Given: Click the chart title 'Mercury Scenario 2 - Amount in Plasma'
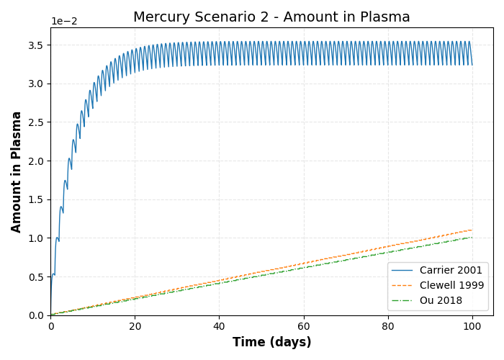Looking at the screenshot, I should (x=271, y=17).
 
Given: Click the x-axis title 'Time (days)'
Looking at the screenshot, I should (x=271, y=343).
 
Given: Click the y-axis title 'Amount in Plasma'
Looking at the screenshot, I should (x=17, y=171).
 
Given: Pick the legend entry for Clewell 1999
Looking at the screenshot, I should (x=451, y=285).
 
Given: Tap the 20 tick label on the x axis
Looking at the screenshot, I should (x=135, y=326).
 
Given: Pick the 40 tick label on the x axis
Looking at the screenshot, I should (x=220, y=326).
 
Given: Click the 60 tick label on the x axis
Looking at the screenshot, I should (x=304, y=326).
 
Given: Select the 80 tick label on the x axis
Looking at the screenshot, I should (x=388, y=326).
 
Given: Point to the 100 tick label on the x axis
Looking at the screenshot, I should (x=472, y=326).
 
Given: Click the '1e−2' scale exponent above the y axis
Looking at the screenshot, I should (x=64, y=22).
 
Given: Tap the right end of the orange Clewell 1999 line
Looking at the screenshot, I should (x=472, y=230).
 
